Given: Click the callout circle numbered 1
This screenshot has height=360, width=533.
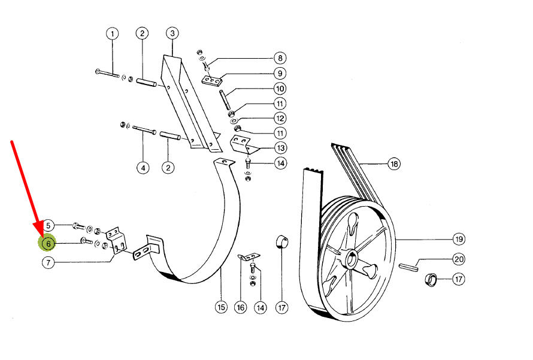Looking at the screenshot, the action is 113,34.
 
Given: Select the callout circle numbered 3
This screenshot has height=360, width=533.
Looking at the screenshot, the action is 172,34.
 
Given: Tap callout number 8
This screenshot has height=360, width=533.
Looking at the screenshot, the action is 280,58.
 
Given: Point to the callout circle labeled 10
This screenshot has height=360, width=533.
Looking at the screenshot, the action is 280,89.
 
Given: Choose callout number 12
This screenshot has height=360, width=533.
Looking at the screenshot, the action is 280,118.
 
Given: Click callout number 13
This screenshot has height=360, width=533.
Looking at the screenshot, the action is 280,148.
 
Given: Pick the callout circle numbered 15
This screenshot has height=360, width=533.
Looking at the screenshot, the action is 221,307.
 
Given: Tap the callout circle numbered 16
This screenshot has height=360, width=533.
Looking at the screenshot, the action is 240,307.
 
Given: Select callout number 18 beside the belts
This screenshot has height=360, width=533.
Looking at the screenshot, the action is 394,164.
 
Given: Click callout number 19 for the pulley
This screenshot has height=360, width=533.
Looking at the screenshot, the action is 459,239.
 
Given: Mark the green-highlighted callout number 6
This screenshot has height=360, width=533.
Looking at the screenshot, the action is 48,243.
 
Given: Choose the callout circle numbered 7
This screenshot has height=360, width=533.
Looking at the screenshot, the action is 49,262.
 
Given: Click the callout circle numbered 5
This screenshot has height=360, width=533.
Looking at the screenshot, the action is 49,225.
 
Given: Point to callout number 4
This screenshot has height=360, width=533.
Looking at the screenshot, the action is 143,168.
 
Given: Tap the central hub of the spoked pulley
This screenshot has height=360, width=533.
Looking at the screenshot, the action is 351,259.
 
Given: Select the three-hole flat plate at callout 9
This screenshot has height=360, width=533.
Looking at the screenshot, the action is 212,81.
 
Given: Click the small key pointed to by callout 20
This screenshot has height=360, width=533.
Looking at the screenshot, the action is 408,268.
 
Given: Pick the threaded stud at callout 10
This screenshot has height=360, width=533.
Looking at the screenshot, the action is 224,99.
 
